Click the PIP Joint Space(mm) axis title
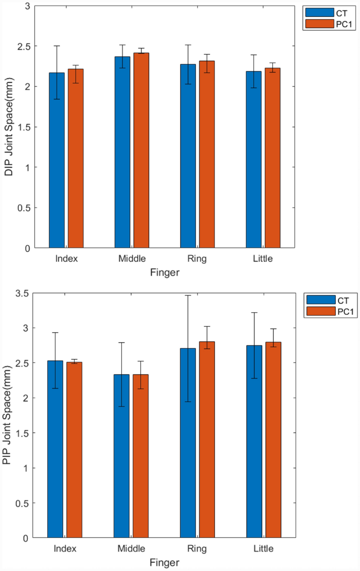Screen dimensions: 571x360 7,416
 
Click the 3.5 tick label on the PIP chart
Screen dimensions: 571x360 23,293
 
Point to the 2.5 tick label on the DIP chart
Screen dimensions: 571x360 24,46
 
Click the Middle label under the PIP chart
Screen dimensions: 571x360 132,549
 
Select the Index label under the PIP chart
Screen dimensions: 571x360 65,549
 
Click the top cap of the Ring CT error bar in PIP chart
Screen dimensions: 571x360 188,295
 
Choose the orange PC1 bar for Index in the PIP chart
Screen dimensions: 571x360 74,450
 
